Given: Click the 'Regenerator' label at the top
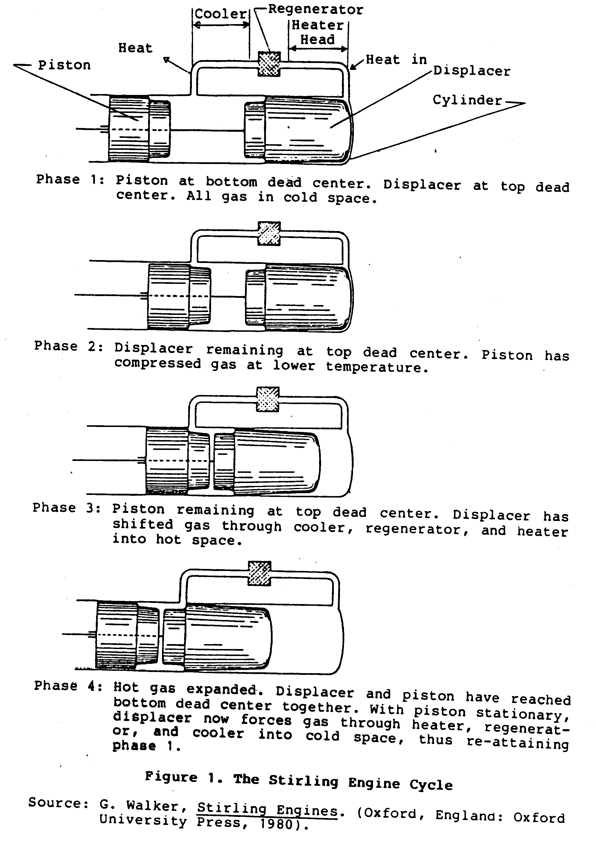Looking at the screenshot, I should [x=316, y=10].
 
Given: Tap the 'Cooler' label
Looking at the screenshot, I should [x=220, y=14].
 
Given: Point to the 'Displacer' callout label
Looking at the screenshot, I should [x=472, y=71].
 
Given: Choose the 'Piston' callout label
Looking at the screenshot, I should [x=64, y=65].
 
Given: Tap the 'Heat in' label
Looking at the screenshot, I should [x=396, y=60].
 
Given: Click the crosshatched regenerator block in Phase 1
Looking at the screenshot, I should [x=269, y=64].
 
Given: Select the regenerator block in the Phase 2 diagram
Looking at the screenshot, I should [x=269, y=233].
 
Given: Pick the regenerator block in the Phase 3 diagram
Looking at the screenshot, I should [x=268, y=399].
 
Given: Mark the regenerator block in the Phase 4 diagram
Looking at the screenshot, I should [x=260, y=573].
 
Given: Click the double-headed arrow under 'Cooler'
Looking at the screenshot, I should [x=221, y=25].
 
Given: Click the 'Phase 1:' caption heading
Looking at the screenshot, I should [x=70, y=180].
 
